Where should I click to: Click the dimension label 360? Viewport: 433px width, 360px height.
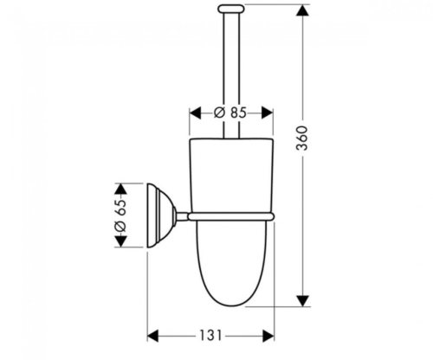pyautogui.click(x=302, y=138)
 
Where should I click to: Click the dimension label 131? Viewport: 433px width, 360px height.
pyautogui.click(x=211, y=335)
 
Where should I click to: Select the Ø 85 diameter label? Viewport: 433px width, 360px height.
pyautogui.click(x=230, y=112)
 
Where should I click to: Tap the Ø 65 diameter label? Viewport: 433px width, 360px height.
pyautogui.click(x=120, y=215)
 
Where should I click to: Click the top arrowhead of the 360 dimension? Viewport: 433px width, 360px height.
pyautogui.click(x=302, y=10)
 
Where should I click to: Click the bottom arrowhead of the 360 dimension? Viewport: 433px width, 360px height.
pyautogui.click(x=302, y=300)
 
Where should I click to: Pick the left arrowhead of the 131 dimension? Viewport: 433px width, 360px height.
pyautogui.click(x=153, y=336)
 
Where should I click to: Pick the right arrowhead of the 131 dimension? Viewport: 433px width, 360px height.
pyautogui.click(x=268, y=336)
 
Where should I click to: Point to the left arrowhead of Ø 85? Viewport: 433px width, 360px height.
pyautogui.click(x=195, y=112)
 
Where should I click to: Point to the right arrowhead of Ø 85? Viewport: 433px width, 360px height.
pyautogui.click(x=268, y=112)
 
